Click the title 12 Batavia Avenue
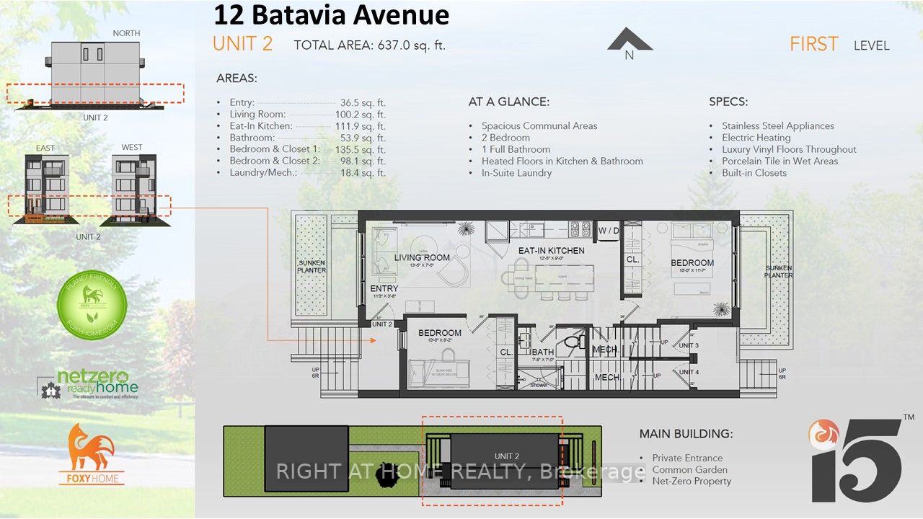point(331,15)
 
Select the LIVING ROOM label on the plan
point(422,257)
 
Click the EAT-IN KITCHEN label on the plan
point(551,250)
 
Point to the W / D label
point(609,231)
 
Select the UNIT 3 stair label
point(689,345)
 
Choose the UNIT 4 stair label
point(689,372)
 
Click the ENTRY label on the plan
point(384,288)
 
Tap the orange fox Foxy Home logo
point(92,454)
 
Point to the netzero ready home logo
point(88,384)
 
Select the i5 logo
point(856,459)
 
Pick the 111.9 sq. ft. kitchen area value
point(363,125)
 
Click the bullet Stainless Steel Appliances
point(778,125)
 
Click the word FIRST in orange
point(813,44)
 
